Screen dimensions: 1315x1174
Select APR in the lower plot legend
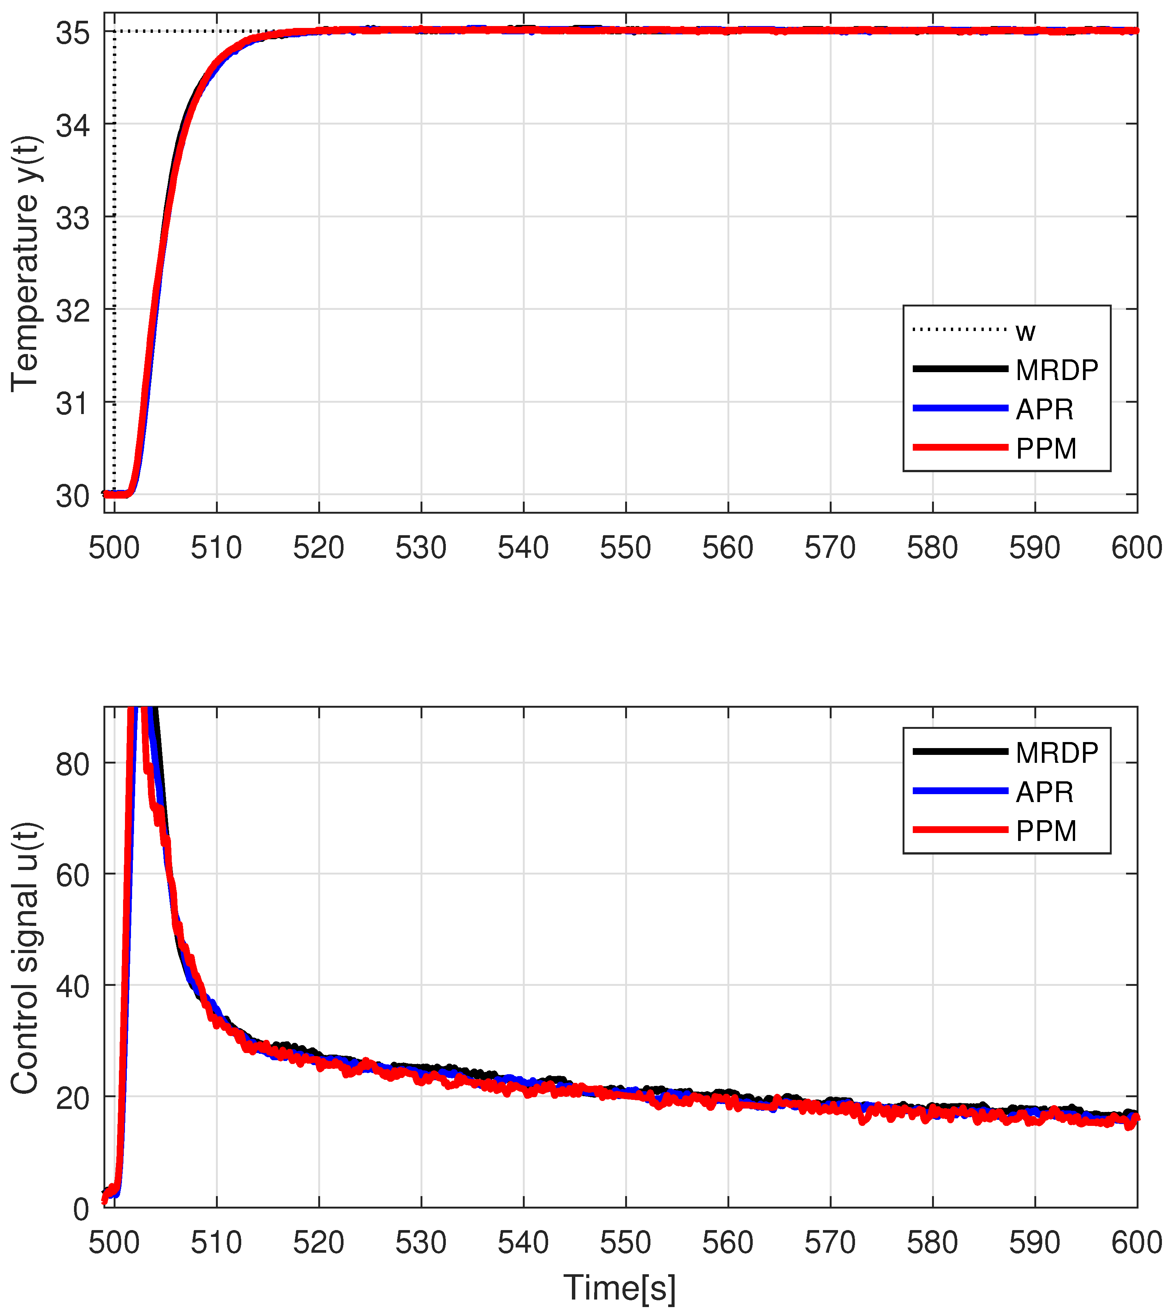1045,792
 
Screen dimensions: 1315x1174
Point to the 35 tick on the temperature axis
72,32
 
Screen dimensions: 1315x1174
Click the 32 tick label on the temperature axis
72,311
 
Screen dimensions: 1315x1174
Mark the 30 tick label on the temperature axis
72,497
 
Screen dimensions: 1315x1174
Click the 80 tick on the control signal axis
72,765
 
